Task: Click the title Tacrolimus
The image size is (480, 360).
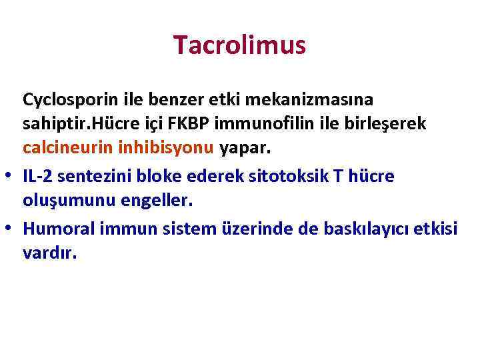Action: (x=239, y=45)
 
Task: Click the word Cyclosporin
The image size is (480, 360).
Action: (x=62, y=100)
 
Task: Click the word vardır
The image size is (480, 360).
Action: (x=50, y=254)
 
